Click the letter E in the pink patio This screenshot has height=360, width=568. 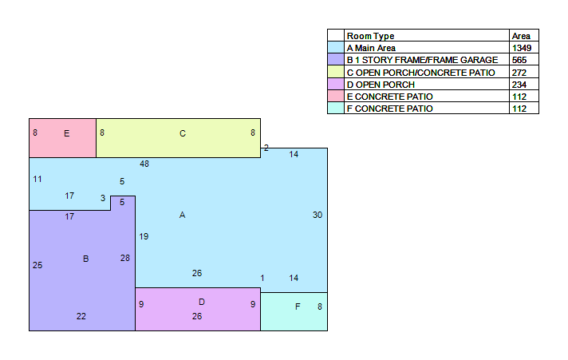click(67, 133)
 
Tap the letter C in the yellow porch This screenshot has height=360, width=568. click(183, 133)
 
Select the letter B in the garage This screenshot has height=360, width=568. click(86, 259)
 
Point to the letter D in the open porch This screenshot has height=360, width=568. click(202, 302)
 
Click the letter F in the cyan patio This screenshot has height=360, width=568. click(298, 307)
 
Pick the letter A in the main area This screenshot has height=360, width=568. click(182, 215)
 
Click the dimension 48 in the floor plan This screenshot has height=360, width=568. click(144, 164)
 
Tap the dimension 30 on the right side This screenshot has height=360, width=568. click(318, 215)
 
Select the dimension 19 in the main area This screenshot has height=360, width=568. click(144, 237)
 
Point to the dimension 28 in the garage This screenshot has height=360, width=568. click(125, 258)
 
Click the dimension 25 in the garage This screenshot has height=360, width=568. click(37, 265)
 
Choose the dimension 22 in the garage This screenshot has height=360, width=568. click(81, 316)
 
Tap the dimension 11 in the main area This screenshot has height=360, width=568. click(37, 179)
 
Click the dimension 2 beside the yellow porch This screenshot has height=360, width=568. click(266, 148)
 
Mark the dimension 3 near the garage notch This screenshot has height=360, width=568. click(103, 198)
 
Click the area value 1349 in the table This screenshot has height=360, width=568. click(522, 48)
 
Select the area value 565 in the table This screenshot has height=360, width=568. click(519, 60)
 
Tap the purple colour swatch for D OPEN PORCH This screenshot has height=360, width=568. click(335, 84)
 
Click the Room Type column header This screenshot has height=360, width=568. click(371, 36)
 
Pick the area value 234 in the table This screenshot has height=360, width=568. click(519, 85)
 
